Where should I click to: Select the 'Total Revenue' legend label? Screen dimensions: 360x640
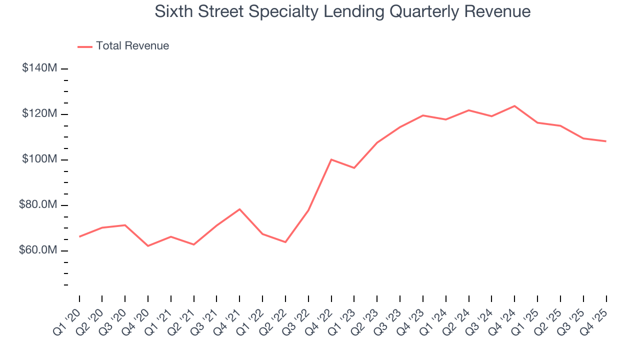pyautogui.click(x=132, y=46)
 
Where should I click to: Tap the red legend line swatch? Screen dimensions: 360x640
pyautogui.click(x=85, y=46)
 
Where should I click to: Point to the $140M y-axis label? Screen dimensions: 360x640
pyautogui.click(x=39, y=68)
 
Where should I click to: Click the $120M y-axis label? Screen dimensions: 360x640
pyautogui.click(x=39, y=114)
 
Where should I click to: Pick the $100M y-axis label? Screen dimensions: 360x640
pyautogui.click(x=39, y=159)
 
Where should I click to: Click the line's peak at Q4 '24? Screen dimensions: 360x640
pyautogui.click(x=514, y=106)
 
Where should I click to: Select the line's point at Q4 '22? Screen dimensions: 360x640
pyautogui.click(x=331, y=159)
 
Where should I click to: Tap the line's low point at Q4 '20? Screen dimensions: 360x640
pyautogui.click(x=148, y=246)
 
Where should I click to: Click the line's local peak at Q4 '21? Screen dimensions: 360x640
pyautogui.click(x=239, y=209)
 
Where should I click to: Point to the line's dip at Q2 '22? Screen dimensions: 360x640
pyautogui.click(x=285, y=242)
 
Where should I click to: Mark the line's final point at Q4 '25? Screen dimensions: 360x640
pyautogui.click(x=606, y=141)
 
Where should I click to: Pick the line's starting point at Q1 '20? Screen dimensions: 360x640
pyautogui.click(x=79, y=236)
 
